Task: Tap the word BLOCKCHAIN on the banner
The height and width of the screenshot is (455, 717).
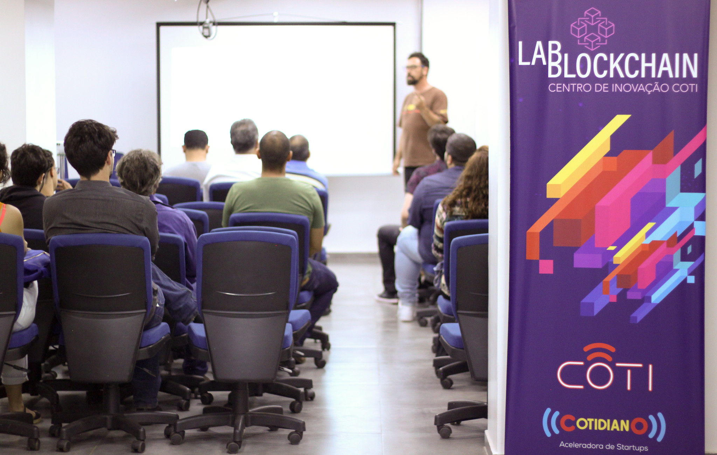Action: point(622,65)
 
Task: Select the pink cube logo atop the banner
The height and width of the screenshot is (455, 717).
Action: point(592,29)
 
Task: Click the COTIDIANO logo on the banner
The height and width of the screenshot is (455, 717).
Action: point(604,425)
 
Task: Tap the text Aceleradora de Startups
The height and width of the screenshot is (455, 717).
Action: point(604,446)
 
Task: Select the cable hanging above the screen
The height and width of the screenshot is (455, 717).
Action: point(207,19)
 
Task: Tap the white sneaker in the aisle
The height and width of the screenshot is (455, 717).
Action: point(406,311)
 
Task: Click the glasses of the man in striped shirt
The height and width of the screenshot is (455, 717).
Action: point(113,153)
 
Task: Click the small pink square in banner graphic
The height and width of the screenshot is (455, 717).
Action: point(546,267)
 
